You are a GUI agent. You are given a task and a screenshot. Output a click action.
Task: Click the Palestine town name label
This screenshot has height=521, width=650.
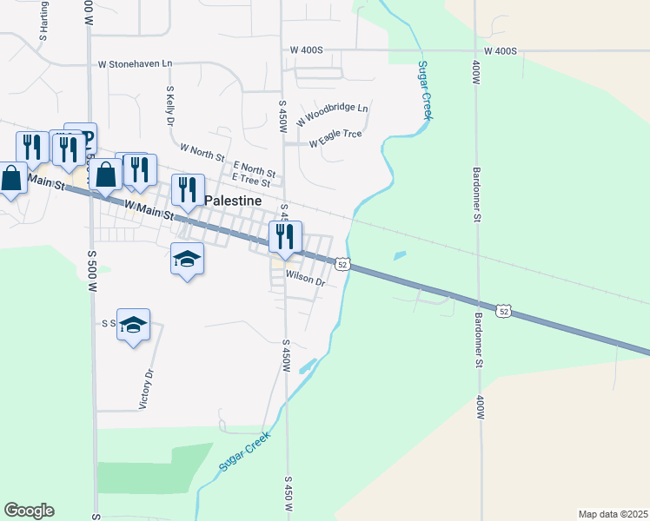coord(233,201)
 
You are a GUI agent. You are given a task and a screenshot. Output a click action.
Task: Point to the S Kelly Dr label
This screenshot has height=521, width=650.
coord(171,106)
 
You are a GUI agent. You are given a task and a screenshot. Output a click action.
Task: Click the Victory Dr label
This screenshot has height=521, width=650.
coord(147,390)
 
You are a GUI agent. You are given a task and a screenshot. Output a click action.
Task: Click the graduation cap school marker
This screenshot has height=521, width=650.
coord(187,259)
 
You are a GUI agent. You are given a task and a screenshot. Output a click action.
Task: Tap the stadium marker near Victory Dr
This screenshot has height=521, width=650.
coord(133,325)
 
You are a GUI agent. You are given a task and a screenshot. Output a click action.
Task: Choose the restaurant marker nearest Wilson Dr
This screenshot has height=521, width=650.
coord(285,236)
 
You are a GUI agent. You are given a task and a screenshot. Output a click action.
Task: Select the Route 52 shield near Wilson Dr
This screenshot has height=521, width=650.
coord(343,264)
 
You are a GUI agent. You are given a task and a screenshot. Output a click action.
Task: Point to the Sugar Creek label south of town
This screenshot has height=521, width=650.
coord(246,454)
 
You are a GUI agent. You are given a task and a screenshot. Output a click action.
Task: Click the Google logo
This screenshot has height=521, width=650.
coord(29,511)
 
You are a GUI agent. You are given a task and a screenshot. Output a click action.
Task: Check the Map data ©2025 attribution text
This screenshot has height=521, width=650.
coord(613,513)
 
